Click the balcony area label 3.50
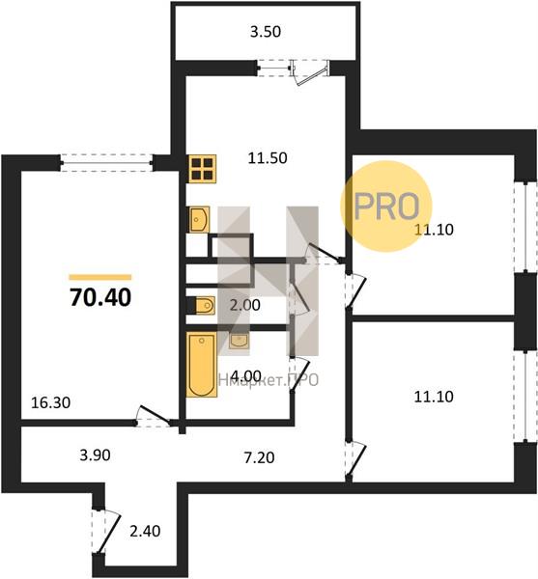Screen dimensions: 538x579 [266, 32]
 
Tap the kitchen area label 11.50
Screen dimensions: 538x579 [268, 158]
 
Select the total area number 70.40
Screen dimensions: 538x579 [100, 297]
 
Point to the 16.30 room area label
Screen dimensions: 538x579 [50, 402]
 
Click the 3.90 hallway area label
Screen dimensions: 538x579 [95, 455]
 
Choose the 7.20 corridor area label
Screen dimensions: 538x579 [260, 457]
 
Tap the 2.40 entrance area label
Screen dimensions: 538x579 [145, 531]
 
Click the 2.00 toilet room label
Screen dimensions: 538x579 [245, 305]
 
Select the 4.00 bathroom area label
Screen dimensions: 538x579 [245, 376]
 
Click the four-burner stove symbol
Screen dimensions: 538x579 [203, 169]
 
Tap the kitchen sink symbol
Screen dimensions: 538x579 [199, 219]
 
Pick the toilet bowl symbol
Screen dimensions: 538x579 [201, 305]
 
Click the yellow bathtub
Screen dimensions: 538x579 [201, 365]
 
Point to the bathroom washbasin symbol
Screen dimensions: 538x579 [239, 341]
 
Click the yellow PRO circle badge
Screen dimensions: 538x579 [386, 207]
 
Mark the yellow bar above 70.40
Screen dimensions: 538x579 [100, 277]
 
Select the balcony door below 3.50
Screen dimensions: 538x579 [310, 72]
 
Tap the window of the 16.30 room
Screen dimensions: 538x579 [106, 163]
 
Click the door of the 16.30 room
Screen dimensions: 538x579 [154, 417]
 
